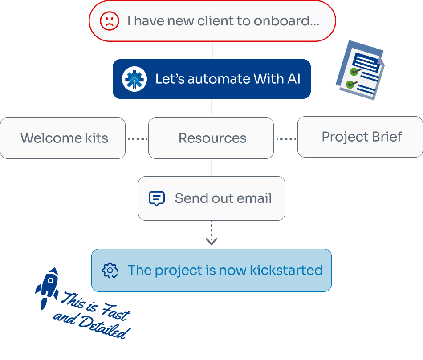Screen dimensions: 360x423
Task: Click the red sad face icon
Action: point(109,21)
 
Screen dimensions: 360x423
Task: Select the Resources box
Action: point(211,138)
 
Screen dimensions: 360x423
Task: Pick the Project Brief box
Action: point(360,137)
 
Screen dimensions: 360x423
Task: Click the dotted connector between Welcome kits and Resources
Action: point(137,139)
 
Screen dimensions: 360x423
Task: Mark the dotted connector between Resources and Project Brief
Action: point(286,139)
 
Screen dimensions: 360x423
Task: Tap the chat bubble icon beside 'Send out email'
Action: point(156,198)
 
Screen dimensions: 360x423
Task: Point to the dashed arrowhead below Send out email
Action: point(211,241)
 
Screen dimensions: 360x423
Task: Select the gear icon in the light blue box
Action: point(110,271)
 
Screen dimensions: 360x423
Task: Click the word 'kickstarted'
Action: point(286,271)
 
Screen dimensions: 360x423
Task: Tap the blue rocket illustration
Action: point(48,287)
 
